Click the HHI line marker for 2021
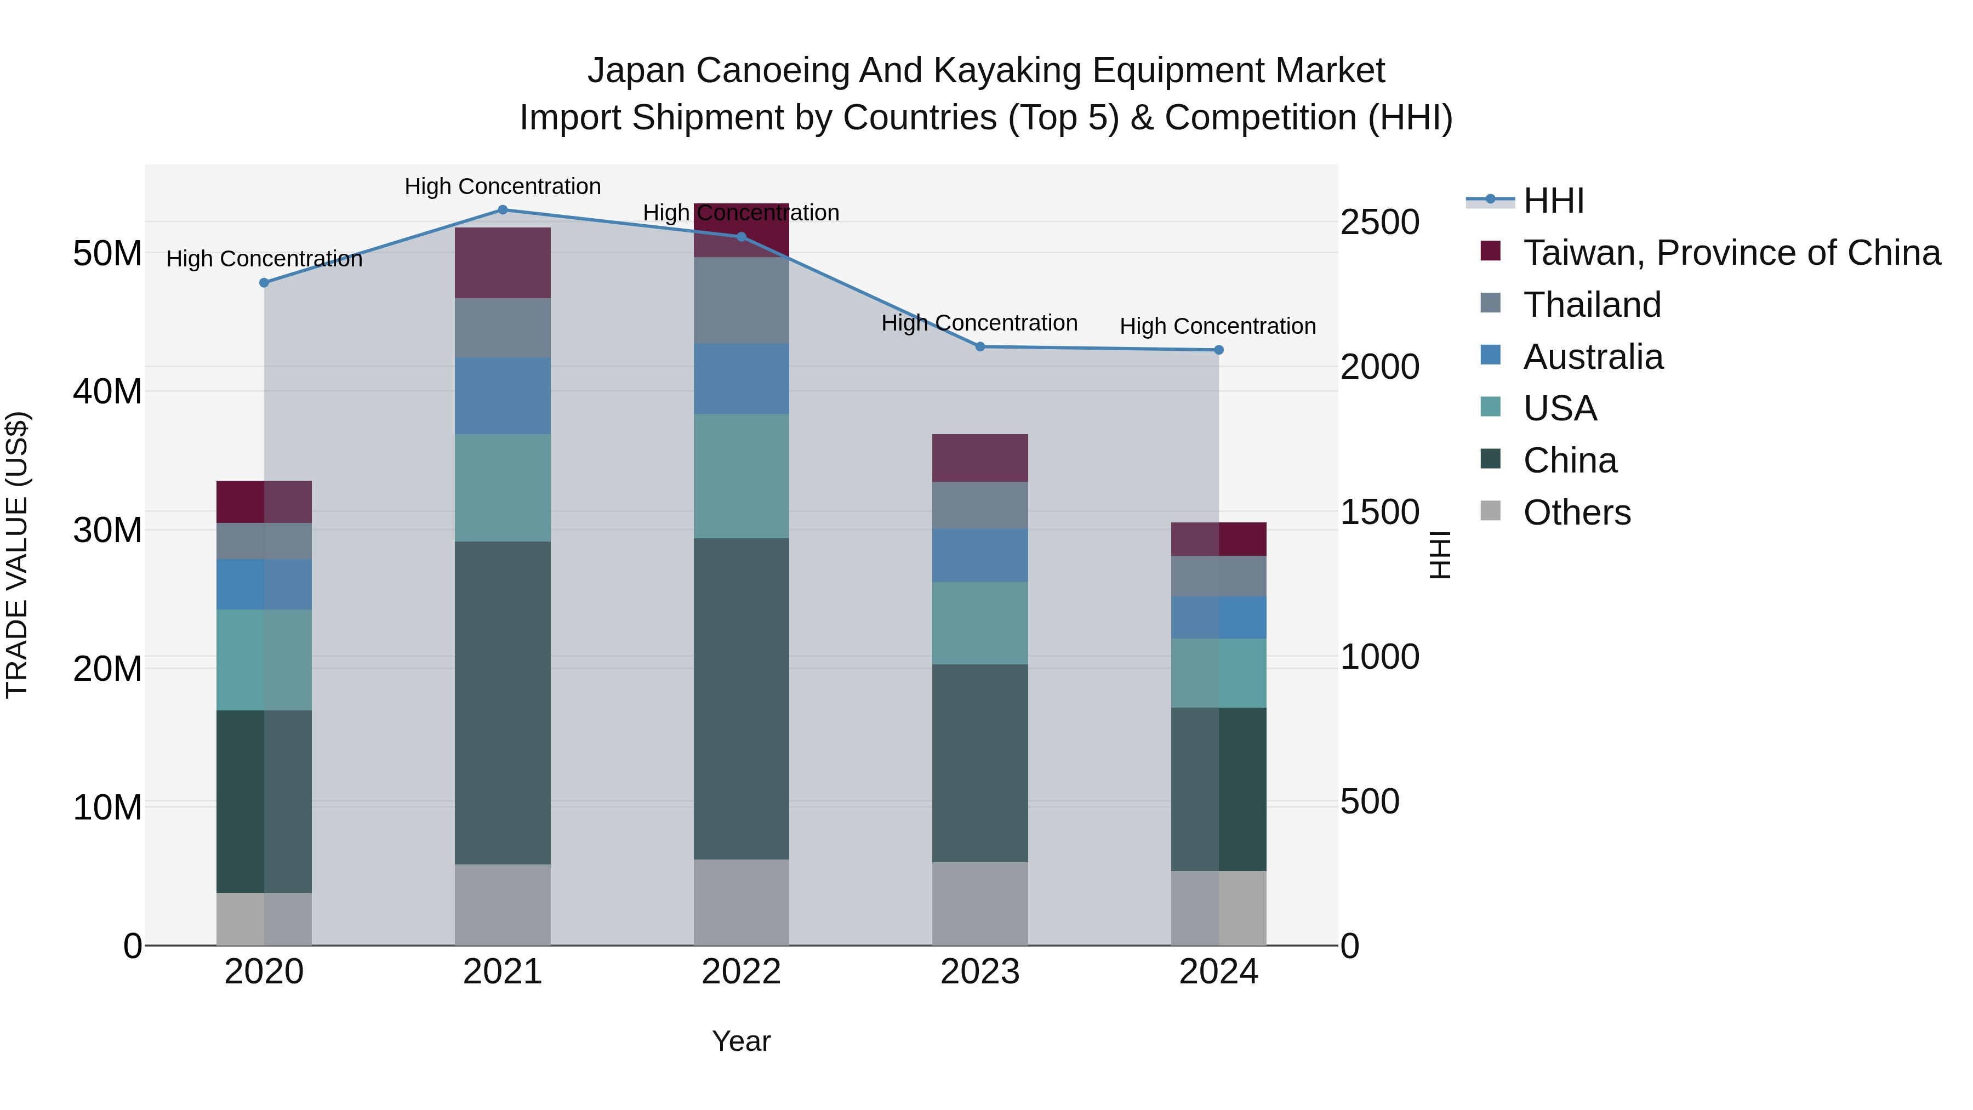click(x=503, y=209)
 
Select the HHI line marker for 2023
click(x=979, y=346)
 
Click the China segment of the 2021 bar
click(x=503, y=703)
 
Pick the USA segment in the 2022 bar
click(x=740, y=476)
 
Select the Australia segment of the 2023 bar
click(x=979, y=555)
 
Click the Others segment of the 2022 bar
click(x=740, y=902)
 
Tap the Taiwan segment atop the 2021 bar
click(x=503, y=262)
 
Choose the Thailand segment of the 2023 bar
click(x=979, y=505)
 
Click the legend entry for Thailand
click(x=1592, y=305)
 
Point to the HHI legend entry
click(x=1553, y=201)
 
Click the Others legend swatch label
click(x=1576, y=513)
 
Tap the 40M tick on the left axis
click(x=107, y=391)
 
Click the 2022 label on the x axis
click(x=740, y=972)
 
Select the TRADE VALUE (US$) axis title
click(x=17, y=555)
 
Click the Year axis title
click(x=740, y=1041)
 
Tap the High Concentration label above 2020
click(x=264, y=259)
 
